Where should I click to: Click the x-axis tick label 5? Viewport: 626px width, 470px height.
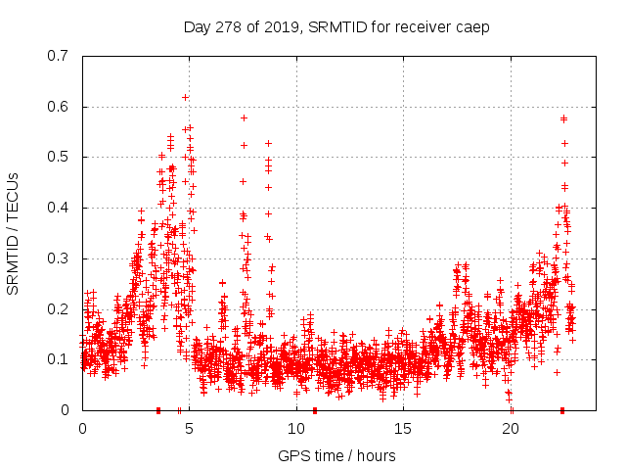[189, 428]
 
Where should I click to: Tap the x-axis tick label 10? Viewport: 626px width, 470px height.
[295, 428]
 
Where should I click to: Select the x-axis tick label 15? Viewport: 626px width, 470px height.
[403, 428]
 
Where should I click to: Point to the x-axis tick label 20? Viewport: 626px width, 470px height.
[510, 428]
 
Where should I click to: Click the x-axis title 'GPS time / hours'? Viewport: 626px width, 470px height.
[336, 455]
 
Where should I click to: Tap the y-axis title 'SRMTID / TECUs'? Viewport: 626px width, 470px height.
[13, 233]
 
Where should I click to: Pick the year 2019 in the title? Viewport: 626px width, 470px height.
[286, 25]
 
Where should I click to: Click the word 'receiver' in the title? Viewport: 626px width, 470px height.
[422, 25]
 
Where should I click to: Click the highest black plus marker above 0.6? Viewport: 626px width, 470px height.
[185, 97]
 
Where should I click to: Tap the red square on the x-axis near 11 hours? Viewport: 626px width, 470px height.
[314, 409]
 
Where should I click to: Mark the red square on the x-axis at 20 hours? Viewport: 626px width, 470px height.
[512, 409]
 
